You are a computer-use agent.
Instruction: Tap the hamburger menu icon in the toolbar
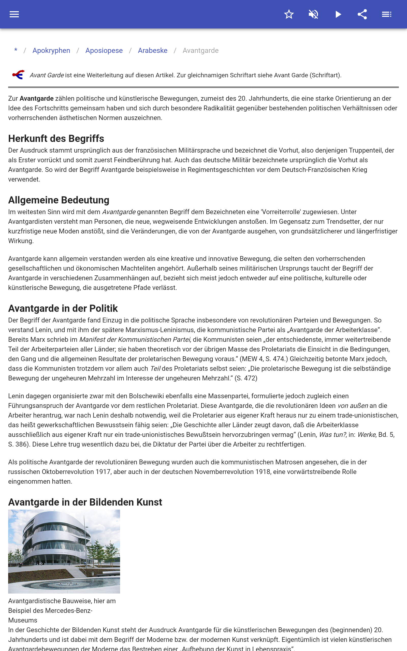[x=14, y=14]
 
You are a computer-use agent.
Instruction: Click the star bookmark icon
[x=289, y=14]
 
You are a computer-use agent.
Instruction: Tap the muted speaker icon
[x=313, y=14]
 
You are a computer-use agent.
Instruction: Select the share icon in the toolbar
[x=362, y=14]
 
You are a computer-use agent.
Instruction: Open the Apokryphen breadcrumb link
[x=51, y=51]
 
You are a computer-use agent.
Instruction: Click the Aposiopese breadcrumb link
[x=104, y=51]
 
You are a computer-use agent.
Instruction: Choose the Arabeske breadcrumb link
[x=153, y=51]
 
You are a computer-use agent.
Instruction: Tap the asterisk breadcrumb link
[x=16, y=51]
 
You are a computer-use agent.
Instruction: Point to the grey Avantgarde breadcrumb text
[x=200, y=51]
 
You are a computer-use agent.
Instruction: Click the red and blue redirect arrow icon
[x=19, y=75]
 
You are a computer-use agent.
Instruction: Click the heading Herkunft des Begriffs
[x=56, y=139]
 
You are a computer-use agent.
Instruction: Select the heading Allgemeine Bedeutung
[x=59, y=200]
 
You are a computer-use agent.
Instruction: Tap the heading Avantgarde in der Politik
[x=63, y=308]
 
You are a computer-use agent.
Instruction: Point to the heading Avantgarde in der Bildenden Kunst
[x=85, y=502]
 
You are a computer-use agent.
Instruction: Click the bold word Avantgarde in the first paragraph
[x=37, y=98]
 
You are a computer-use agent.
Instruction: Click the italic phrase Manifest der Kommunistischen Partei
[x=135, y=339]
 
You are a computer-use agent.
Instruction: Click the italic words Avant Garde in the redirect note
[x=47, y=75]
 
